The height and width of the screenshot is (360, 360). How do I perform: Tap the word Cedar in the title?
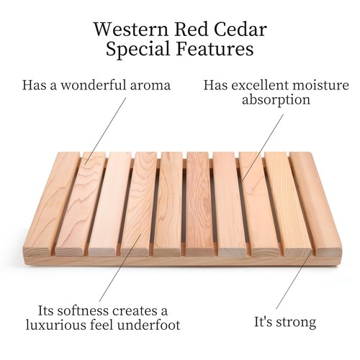[238, 30]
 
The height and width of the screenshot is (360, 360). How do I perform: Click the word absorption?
[276, 101]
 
